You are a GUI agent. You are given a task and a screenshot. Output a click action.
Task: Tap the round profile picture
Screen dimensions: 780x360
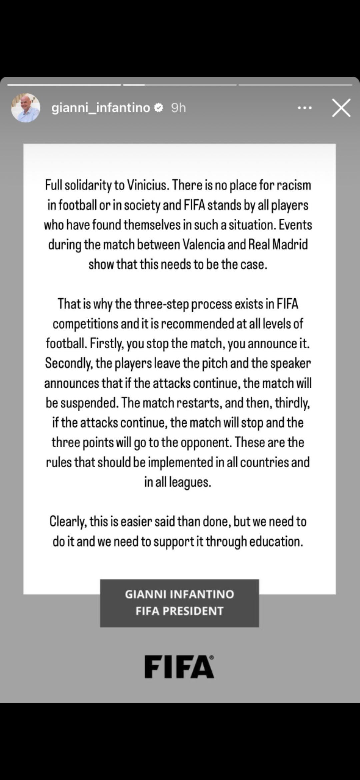pos(26,108)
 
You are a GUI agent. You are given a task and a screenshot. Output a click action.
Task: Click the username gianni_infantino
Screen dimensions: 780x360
pos(101,108)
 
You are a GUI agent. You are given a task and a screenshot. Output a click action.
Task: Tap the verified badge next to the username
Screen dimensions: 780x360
pos(159,108)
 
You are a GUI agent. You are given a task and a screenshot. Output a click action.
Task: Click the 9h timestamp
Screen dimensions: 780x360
pos(178,108)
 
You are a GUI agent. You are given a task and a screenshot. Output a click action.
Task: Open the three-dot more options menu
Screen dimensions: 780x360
pos(304,108)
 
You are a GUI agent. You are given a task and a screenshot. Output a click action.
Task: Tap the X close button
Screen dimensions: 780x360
pos(341,108)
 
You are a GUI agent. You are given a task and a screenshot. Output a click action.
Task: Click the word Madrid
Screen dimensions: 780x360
pos(290,245)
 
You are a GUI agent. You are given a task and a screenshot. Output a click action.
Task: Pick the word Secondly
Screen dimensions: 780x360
pos(68,363)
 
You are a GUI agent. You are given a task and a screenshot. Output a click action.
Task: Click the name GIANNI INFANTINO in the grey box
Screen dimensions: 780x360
pos(179,594)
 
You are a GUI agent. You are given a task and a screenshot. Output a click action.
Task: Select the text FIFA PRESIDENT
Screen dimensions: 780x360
pos(179,611)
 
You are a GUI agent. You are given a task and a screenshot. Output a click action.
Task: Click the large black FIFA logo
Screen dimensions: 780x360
pos(179,667)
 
